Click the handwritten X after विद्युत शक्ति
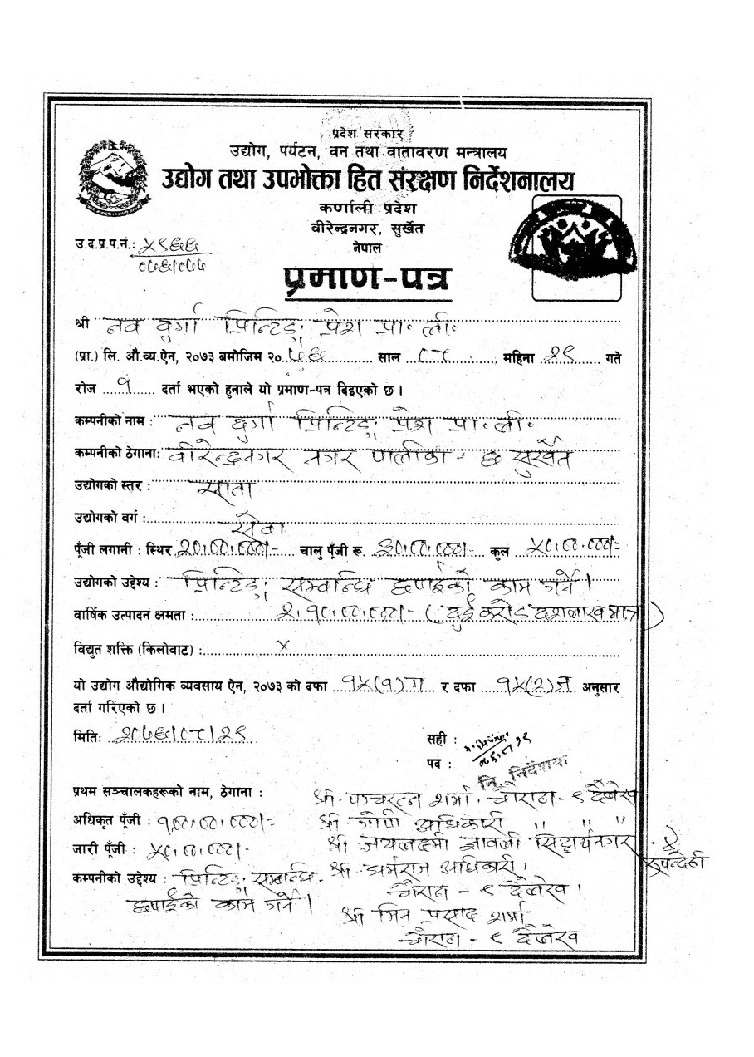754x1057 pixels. (x=282, y=645)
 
